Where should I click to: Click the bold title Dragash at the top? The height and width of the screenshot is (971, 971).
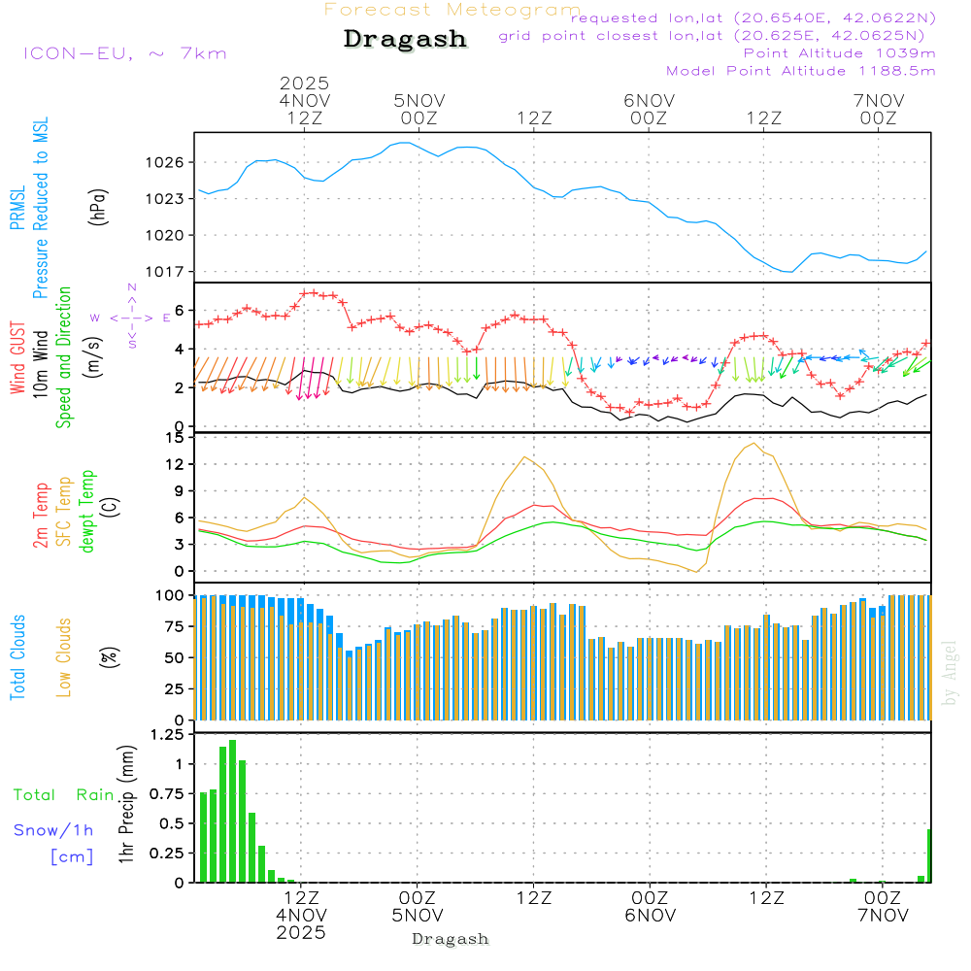[405, 40]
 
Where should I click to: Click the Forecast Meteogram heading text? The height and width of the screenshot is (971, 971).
[452, 10]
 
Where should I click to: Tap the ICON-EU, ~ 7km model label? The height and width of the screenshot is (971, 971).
[124, 53]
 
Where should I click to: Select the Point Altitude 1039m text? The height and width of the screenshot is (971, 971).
[839, 53]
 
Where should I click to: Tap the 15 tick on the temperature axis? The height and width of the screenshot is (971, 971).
[174, 438]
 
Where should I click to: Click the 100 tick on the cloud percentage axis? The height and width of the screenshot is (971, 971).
[170, 594]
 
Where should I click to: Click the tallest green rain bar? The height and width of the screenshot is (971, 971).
[233, 811]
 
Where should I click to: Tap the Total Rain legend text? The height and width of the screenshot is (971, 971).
[63, 795]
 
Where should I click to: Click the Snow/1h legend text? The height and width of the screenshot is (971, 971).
[53, 830]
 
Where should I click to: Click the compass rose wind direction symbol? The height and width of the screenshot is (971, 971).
[131, 317]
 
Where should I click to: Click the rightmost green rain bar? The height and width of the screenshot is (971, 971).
[929, 855]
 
